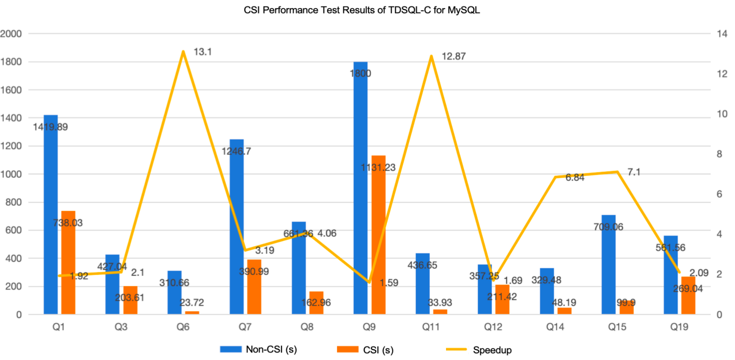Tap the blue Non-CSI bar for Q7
click(x=236, y=229)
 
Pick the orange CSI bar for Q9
click(x=378, y=236)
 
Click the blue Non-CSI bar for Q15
click(x=608, y=266)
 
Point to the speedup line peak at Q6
click(x=183, y=52)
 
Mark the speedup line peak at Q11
click(x=431, y=56)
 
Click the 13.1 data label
click(x=203, y=52)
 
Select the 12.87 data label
click(x=453, y=56)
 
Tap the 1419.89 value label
click(x=50, y=127)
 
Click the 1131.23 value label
click(x=378, y=168)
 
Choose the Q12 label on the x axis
click(x=493, y=327)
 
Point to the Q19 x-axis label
click(x=679, y=327)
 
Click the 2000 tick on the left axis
click(x=11, y=34)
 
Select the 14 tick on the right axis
click(x=722, y=34)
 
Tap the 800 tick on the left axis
click(x=14, y=202)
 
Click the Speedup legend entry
click(x=492, y=350)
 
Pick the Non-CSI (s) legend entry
click(x=271, y=349)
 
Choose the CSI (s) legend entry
click(x=378, y=350)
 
